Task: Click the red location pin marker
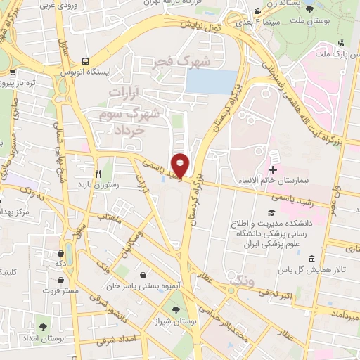point(181,165)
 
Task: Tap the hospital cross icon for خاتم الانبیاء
point(273,169)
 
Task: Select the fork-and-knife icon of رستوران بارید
point(98,172)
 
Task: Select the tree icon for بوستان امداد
point(44,327)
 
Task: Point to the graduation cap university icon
point(271,213)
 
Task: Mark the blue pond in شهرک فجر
point(210,82)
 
